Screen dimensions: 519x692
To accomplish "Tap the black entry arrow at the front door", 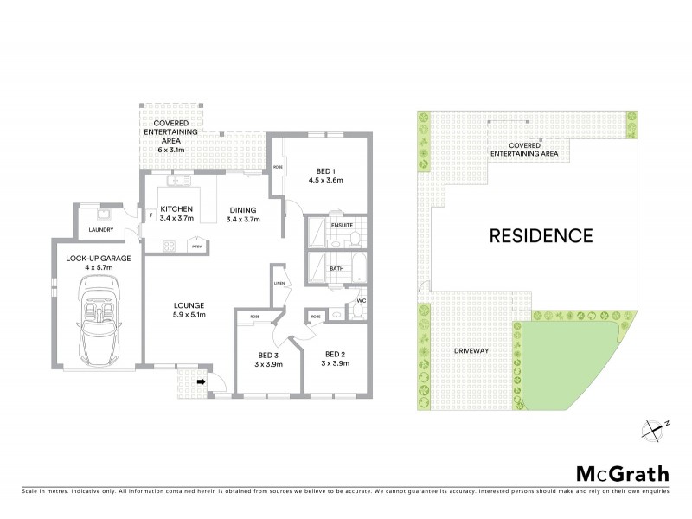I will (x=202, y=379).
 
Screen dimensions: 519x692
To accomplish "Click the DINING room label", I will (x=242, y=208).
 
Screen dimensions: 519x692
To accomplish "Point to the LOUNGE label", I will (x=188, y=304).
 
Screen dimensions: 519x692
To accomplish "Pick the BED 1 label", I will (x=326, y=170).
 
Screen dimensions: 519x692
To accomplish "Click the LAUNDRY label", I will (x=102, y=230).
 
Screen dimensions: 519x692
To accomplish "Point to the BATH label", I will (x=337, y=268).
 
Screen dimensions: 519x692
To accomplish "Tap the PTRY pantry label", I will (x=196, y=246).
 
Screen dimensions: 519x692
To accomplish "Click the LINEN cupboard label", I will (x=279, y=283).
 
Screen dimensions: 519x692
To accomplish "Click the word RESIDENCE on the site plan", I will (x=541, y=234).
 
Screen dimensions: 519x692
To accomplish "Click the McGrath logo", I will (x=622, y=473).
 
